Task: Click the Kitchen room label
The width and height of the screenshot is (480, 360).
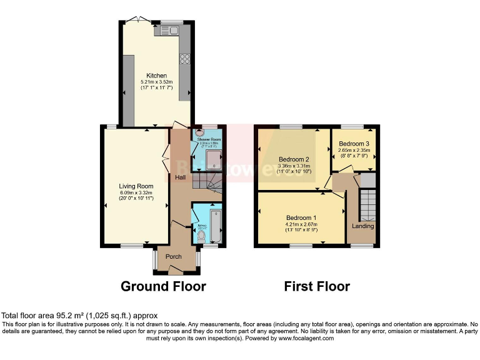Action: [156, 76]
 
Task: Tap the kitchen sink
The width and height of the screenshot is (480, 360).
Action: [170, 30]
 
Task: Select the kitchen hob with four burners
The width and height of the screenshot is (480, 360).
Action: [185, 59]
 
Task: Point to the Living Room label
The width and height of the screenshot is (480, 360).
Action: [136, 186]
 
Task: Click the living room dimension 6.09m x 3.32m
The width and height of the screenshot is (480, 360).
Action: [136, 192]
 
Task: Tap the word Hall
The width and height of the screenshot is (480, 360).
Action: [180, 178]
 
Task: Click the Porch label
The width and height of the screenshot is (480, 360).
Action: [174, 256]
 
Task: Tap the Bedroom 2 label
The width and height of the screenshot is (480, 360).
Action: [294, 159]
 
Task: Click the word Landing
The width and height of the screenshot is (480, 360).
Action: [363, 226]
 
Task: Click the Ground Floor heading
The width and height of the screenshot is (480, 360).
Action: [163, 287]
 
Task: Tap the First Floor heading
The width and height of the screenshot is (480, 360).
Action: [317, 287]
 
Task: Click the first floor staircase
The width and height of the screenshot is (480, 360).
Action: [367, 204]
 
